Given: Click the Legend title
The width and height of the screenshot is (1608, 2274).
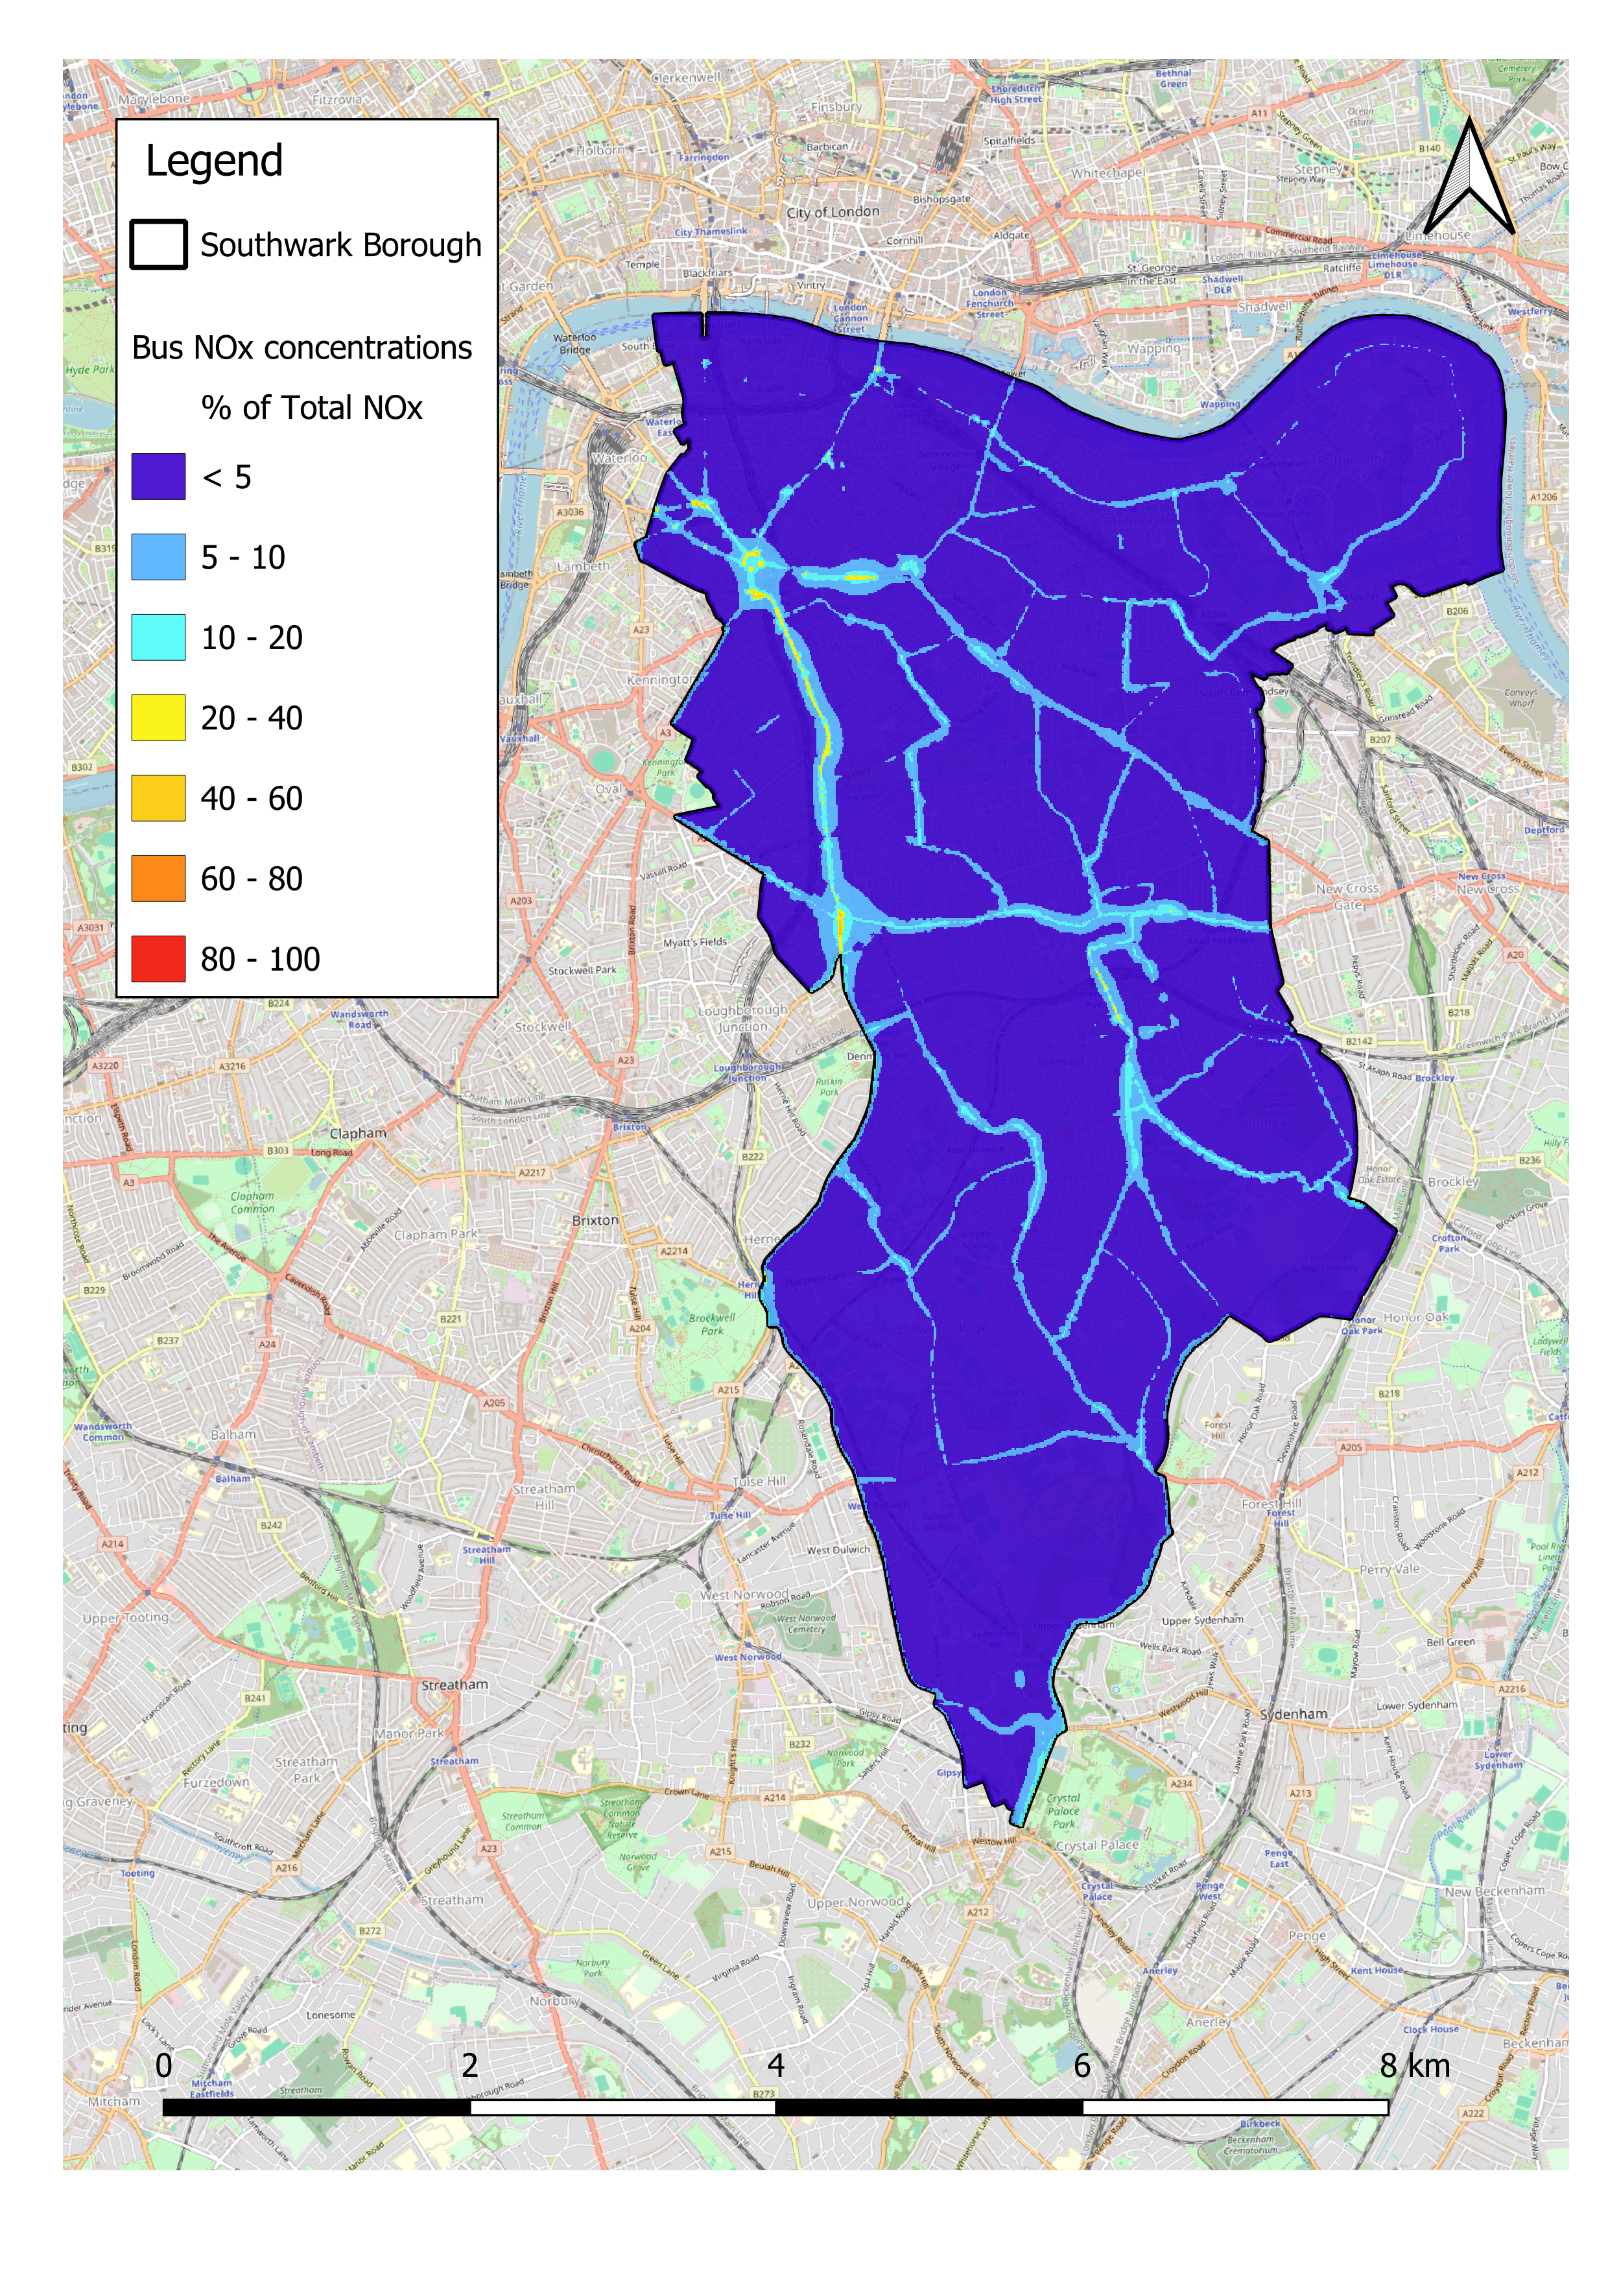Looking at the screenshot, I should tap(214, 161).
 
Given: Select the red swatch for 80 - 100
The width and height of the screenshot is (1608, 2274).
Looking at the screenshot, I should tap(158, 959).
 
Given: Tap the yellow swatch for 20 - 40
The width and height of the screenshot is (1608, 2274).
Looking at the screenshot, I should tap(158, 718).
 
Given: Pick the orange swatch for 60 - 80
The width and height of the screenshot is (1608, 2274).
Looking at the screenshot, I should tap(158, 879).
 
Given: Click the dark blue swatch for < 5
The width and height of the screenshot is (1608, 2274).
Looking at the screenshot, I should tap(158, 477).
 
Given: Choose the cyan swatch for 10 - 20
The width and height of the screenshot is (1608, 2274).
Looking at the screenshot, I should tap(158, 637).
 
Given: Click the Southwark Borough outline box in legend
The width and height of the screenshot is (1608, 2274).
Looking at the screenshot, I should tap(158, 244).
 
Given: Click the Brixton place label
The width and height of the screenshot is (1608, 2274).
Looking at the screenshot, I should tap(595, 1220).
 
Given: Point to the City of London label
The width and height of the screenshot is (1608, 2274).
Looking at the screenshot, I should tap(833, 212).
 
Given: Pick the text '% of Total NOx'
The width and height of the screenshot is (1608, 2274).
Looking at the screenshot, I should tap(312, 408).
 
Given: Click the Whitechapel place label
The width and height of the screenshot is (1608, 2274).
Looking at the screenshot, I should tap(1107, 173).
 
